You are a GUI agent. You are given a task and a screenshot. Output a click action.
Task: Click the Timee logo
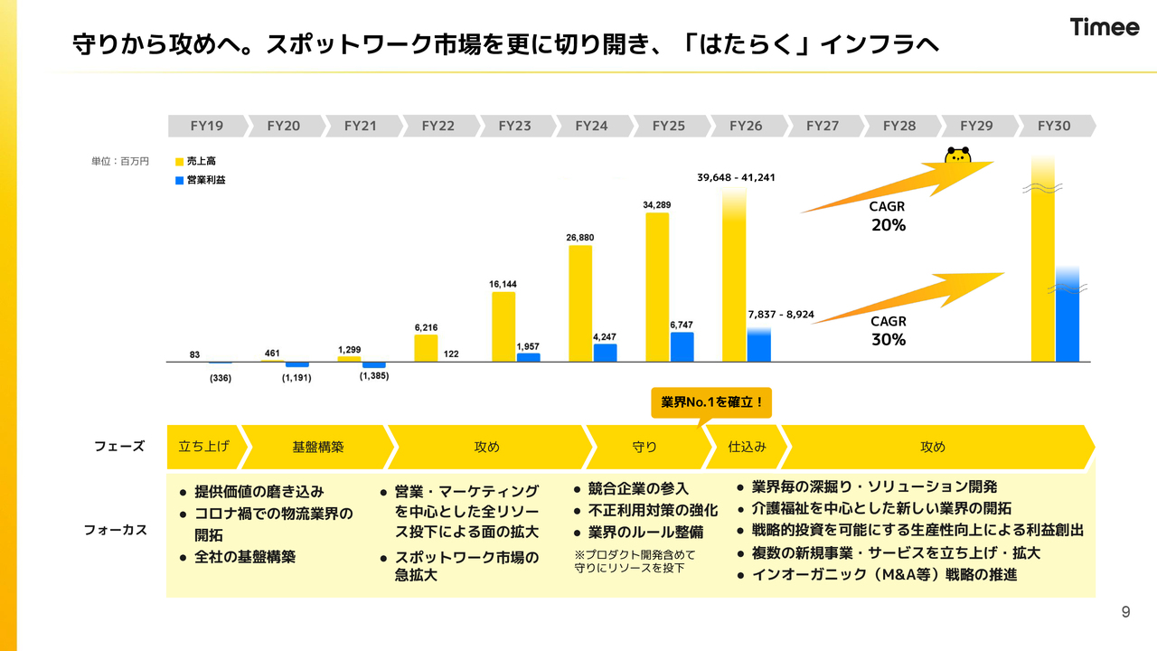click(1105, 27)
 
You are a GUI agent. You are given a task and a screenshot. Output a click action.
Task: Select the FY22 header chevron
click(438, 126)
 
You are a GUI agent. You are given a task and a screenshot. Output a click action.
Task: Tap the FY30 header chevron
click(1053, 126)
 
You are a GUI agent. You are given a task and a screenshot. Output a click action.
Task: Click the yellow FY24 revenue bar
click(580, 303)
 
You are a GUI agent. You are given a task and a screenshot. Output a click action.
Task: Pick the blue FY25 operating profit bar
click(682, 346)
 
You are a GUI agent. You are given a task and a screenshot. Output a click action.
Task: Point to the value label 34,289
click(657, 205)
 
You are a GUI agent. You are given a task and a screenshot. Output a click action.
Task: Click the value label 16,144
click(503, 284)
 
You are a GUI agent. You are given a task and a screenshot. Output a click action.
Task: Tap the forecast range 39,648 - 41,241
click(736, 177)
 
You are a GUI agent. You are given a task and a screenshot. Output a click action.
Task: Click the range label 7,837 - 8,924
click(781, 315)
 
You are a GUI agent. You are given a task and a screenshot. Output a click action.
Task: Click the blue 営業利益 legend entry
click(200, 180)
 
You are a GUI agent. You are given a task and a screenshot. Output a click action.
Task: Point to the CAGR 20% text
click(888, 217)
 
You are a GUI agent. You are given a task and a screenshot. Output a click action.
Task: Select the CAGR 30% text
click(888, 331)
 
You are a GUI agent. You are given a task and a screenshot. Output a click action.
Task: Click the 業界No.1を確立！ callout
click(711, 402)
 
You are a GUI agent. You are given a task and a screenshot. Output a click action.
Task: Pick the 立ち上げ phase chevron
click(203, 447)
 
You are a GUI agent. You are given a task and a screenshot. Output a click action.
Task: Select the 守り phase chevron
click(644, 447)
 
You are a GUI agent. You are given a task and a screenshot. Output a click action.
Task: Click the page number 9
click(1125, 612)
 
